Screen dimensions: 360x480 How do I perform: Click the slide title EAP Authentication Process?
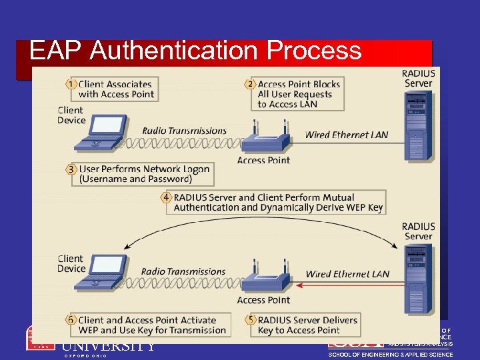click(195, 51)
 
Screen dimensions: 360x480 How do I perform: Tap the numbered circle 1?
click(71, 84)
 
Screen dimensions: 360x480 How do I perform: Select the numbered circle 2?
click(250, 84)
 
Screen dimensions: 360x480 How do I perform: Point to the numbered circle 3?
click(71, 169)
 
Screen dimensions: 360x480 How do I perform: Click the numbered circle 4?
click(166, 197)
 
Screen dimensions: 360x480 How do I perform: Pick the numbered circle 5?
click(250, 320)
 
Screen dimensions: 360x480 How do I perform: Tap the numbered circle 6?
click(71, 320)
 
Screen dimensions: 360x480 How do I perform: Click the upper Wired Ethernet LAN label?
click(346, 135)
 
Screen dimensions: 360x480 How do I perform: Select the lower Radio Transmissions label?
click(183, 271)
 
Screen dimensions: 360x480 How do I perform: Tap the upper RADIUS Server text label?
click(418, 79)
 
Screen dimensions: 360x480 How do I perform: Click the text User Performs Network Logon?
click(144, 169)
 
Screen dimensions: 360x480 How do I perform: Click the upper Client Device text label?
click(71, 115)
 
